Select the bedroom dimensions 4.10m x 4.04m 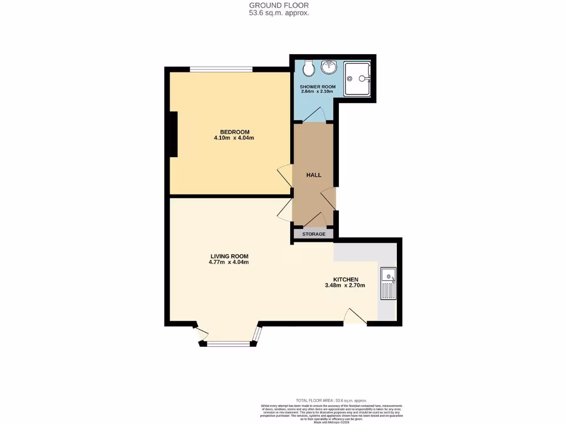click(x=234, y=138)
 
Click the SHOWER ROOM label click(x=317, y=87)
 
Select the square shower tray click(x=358, y=79)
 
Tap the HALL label click(x=314, y=175)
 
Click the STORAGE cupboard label click(x=313, y=234)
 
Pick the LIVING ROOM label click(x=229, y=256)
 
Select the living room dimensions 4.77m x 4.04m click(x=229, y=262)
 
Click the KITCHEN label click(x=346, y=279)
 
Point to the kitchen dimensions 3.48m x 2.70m click(x=345, y=286)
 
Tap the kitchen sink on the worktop click(x=389, y=283)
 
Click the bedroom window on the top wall click(x=221, y=69)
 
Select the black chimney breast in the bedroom click(x=174, y=134)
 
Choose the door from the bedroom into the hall click(x=285, y=176)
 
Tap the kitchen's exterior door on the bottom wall click(x=355, y=316)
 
